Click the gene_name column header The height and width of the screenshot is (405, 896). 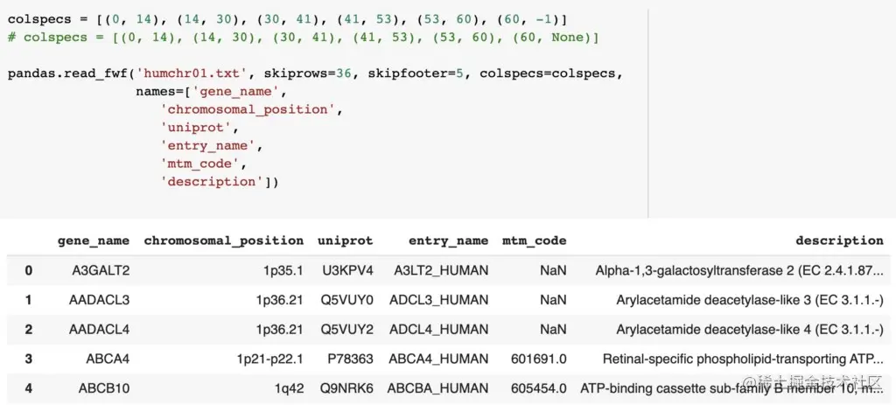pyautogui.click(x=93, y=241)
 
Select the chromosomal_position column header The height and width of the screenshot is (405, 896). pyautogui.click(x=223, y=241)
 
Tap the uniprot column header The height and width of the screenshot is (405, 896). pyautogui.click(x=346, y=241)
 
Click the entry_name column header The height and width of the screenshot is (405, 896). pyautogui.click(x=448, y=241)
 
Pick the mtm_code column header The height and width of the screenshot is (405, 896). pyautogui.click(x=534, y=241)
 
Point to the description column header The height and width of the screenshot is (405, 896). pyautogui.click(x=839, y=241)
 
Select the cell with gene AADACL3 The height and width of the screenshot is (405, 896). pyautogui.click(x=99, y=300)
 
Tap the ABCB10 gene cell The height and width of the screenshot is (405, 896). pyautogui.click(x=103, y=388)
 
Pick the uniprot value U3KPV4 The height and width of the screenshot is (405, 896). pyautogui.click(x=350, y=270)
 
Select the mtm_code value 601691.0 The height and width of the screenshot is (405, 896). pyautogui.click(x=538, y=359)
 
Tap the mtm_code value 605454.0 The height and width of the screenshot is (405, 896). pyautogui.click(x=538, y=388)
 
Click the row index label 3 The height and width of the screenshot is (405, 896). pyautogui.click(x=28, y=359)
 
